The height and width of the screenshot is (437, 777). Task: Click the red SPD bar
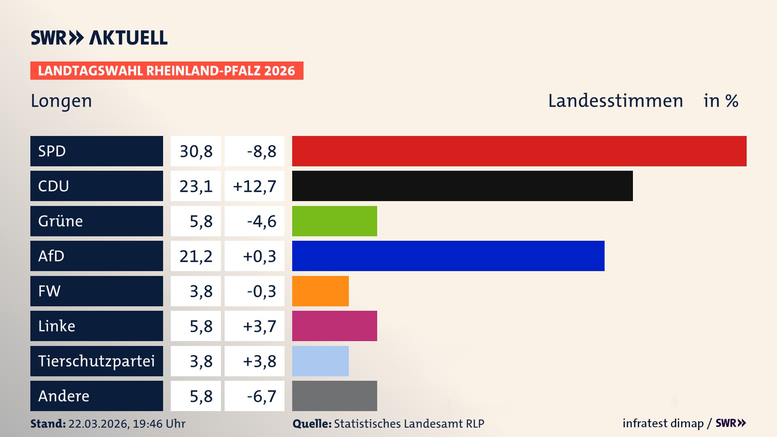(x=519, y=151)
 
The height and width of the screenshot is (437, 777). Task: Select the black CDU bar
(x=462, y=186)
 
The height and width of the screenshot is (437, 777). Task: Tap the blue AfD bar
(x=448, y=256)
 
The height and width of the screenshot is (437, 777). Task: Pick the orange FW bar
(x=320, y=291)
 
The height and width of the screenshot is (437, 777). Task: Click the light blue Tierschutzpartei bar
(x=320, y=361)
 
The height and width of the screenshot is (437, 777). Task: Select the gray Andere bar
(x=334, y=396)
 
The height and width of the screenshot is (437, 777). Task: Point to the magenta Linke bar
(x=334, y=326)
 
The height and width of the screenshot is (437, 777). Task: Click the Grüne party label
(x=61, y=221)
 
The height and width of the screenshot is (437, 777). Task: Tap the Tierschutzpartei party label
(x=96, y=361)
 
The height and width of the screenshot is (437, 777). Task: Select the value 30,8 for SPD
(x=196, y=151)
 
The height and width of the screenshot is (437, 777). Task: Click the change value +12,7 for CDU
(x=255, y=186)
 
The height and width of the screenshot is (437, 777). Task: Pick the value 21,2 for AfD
(x=196, y=256)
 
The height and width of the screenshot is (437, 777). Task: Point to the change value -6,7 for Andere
(x=261, y=396)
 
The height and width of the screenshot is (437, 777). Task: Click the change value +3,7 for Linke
(x=259, y=326)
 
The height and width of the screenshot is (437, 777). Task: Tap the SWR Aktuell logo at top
(x=99, y=38)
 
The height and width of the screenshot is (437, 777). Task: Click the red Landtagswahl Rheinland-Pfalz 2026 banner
(x=167, y=71)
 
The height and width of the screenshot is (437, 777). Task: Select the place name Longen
(x=62, y=101)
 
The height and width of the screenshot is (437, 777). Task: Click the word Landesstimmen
(x=615, y=101)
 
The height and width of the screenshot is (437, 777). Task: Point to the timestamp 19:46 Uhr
(x=159, y=424)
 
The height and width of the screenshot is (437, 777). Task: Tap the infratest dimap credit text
(x=663, y=423)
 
